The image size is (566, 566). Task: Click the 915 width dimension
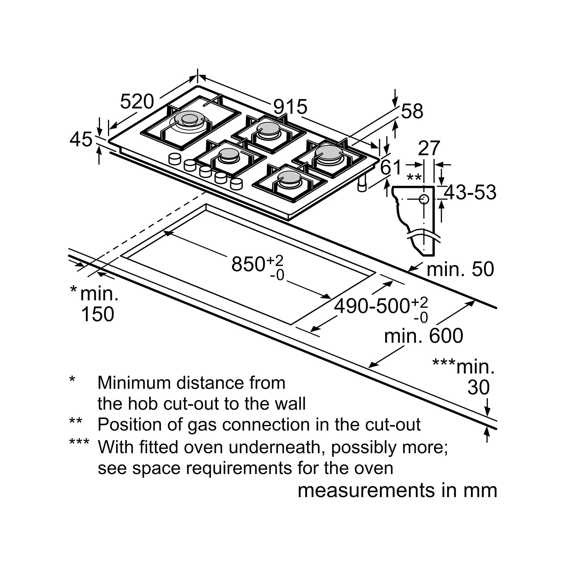290,106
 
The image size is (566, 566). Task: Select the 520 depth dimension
137,102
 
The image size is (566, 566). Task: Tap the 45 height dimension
81,139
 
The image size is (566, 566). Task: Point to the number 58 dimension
412,111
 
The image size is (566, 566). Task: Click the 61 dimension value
391,167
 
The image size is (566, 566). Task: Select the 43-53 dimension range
470,192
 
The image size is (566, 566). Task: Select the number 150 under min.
98,314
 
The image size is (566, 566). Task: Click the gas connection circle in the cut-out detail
424,199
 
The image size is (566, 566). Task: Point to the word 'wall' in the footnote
292,404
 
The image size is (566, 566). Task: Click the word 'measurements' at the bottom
366,491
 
